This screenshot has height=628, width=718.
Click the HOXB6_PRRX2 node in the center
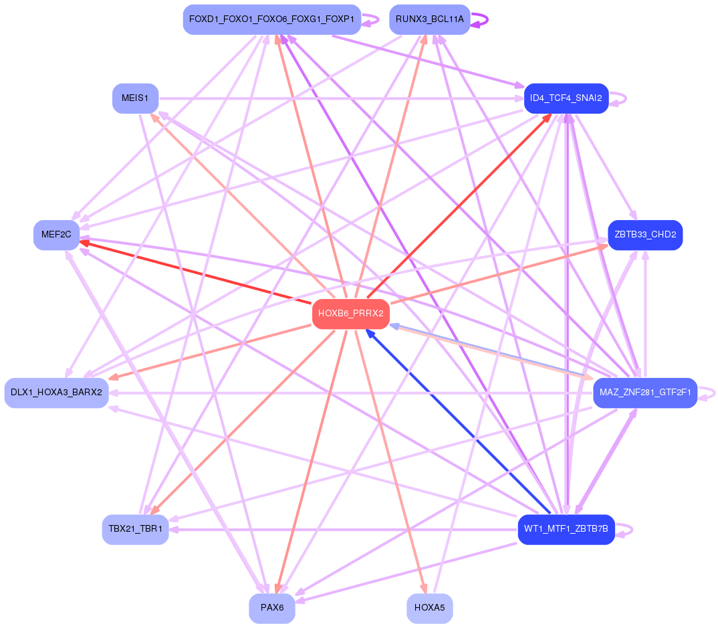pos(350,314)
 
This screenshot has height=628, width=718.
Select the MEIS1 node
pos(135,98)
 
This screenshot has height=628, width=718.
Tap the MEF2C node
pos(56,235)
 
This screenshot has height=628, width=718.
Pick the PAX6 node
pos(272,608)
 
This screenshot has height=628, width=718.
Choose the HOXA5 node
pos(429,608)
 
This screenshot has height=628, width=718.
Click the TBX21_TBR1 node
pos(135,529)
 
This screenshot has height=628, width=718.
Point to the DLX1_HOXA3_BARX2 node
pos(56,393)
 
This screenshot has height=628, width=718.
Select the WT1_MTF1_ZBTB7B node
pos(566,529)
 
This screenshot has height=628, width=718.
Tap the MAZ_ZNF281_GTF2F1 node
pos(644,393)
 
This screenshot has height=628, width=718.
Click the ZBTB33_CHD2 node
pos(644,235)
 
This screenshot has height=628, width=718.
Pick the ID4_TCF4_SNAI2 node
pos(566,98)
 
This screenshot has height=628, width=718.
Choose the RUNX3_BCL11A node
pos(429,19)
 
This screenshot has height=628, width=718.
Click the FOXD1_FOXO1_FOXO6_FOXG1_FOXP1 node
pos(271,19)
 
